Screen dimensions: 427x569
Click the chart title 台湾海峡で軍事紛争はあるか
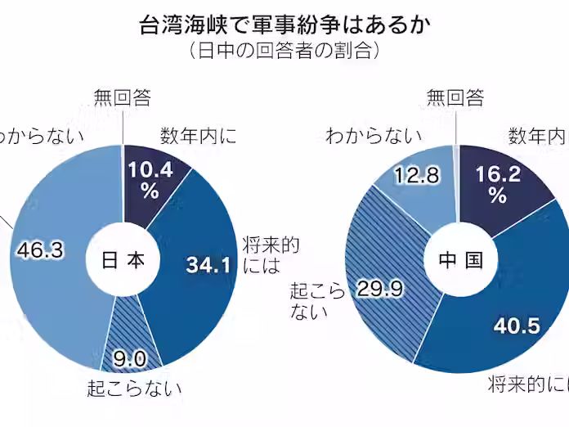[284, 24]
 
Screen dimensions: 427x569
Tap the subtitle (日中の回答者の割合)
[284, 51]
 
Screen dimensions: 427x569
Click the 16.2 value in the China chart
[497, 173]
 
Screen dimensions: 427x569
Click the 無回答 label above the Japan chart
[122, 98]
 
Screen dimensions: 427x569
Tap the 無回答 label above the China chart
[455, 98]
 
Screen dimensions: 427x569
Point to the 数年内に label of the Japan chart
[199, 135]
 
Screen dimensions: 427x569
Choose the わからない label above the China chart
[374, 136]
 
